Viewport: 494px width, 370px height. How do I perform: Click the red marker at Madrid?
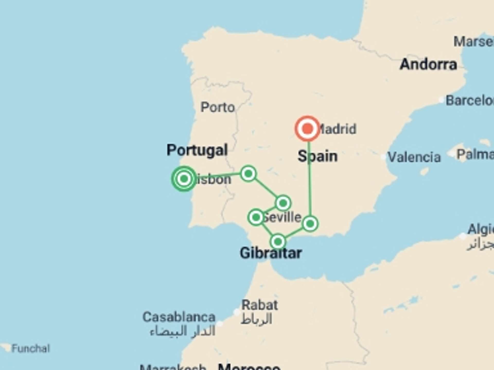[307, 128]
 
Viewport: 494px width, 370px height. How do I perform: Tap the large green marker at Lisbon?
[184, 179]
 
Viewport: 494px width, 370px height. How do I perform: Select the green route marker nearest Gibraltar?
[278, 242]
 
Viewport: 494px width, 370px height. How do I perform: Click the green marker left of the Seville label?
[256, 217]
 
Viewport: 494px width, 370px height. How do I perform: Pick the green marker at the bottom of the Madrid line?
[310, 224]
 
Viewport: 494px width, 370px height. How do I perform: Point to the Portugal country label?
[197, 150]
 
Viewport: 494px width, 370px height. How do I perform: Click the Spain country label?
[317, 156]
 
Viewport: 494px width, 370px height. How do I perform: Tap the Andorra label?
[428, 64]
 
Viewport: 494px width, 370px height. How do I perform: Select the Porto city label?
[218, 107]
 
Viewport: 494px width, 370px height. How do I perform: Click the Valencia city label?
[414, 157]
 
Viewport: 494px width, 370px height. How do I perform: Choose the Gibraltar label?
[271, 253]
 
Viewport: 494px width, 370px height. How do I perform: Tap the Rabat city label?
[259, 305]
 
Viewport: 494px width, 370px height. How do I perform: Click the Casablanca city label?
[179, 317]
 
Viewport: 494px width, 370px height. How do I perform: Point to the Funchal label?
[31, 348]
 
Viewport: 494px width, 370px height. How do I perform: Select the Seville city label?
[283, 217]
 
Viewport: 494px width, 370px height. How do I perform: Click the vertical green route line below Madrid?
[309, 180]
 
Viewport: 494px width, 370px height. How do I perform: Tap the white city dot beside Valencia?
[383, 156]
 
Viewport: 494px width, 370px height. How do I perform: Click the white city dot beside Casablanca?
[219, 323]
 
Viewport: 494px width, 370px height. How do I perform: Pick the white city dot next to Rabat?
[236, 312]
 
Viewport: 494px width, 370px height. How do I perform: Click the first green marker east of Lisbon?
[248, 174]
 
